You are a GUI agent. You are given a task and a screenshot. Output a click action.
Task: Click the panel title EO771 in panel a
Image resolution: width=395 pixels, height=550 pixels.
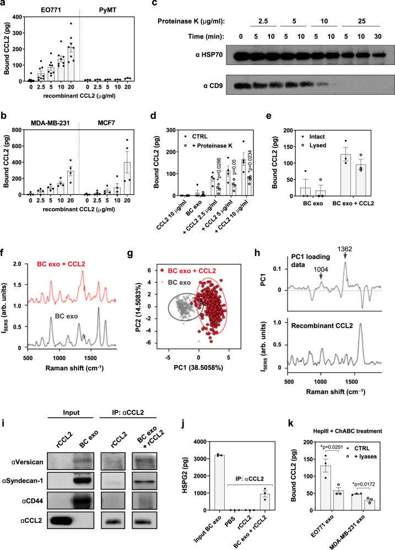pos(51,10)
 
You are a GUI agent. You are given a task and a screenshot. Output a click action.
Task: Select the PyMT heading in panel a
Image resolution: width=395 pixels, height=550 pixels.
pos(107,10)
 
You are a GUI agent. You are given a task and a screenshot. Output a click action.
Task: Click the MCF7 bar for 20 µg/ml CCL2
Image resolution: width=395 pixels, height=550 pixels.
pos(127,178)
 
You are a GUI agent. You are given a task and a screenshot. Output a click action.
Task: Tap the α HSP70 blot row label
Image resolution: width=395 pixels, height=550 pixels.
pos(209,55)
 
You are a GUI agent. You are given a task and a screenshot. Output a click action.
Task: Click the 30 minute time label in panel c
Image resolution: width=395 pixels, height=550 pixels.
pos(378,36)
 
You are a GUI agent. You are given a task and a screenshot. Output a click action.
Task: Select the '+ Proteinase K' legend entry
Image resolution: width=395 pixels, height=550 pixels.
pos(209,145)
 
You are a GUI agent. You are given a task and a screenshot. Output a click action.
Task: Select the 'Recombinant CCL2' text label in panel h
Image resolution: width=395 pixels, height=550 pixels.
pos(322,326)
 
